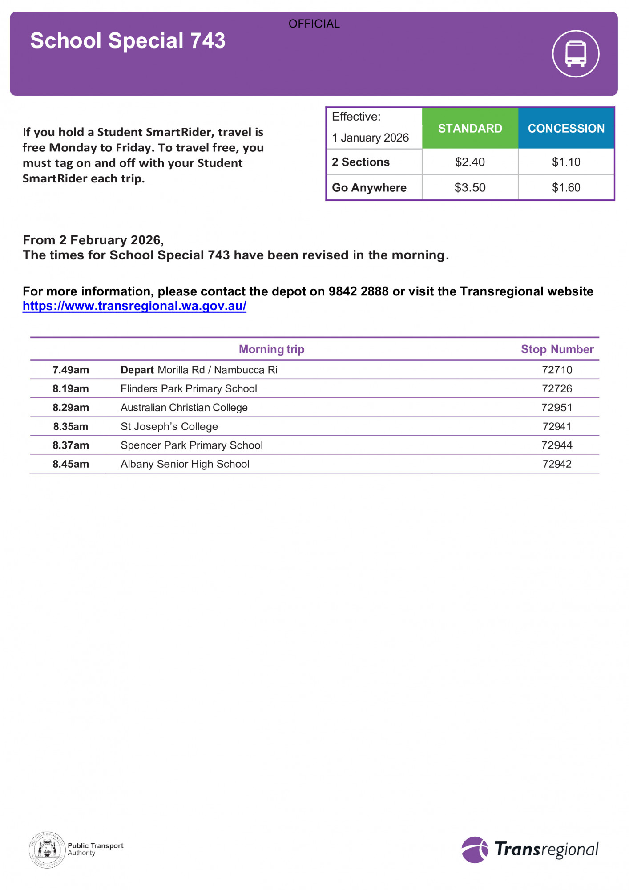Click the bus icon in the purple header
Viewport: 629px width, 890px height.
click(x=576, y=53)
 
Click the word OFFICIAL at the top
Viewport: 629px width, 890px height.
click(x=314, y=24)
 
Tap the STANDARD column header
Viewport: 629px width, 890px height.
click(x=470, y=128)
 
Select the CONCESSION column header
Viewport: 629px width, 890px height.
click(x=566, y=128)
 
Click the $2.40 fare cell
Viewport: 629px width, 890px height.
click(x=470, y=162)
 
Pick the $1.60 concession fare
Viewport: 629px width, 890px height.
click(x=566, y=187)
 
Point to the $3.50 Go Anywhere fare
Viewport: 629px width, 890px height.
click(x=470, y=187)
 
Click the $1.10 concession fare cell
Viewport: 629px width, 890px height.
click(x=566, y=162)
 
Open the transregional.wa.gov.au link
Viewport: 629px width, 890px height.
click(x=134, y=306)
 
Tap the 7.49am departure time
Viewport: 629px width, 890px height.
click(x=71, y=370)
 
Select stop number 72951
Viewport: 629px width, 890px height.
click(x=556, y=407)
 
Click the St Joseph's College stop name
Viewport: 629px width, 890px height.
click(x=169, y=426)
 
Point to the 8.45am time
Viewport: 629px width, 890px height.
click(x=71, y=464)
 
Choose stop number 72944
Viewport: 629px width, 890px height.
click(x=556, y=445)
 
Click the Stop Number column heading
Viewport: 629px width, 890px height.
click(x=557, y=349)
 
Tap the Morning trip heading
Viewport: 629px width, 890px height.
click(x=271, y=349)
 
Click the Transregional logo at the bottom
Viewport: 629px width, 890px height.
click(x=530, y=850)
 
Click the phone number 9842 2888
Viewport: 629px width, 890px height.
click(x=358, y=291)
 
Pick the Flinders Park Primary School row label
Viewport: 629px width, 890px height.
click(x=189, y=388)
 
